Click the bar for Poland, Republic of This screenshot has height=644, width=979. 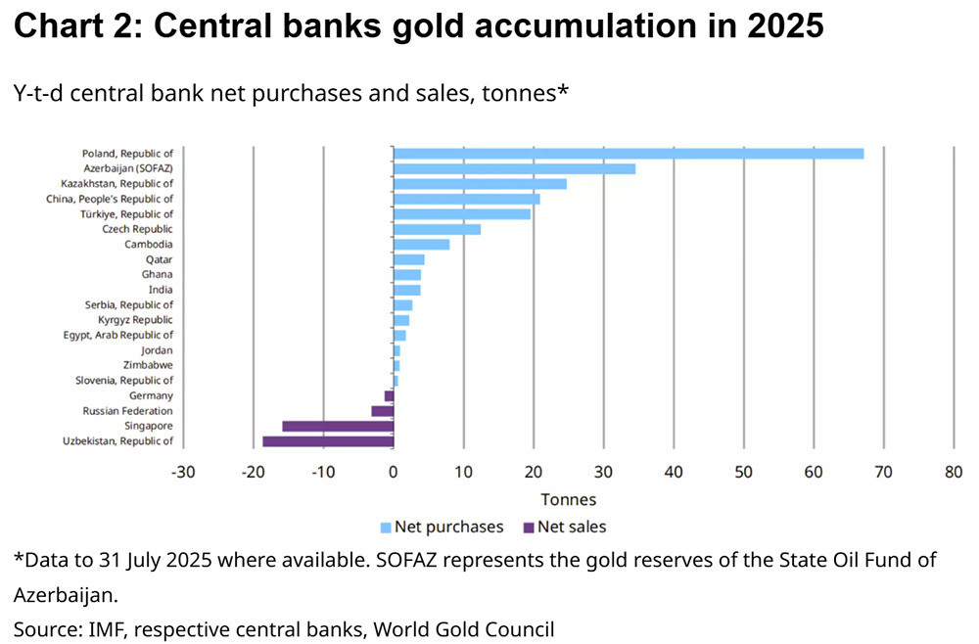(x=628, y=154)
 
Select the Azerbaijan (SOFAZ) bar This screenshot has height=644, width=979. (x=514, y=168)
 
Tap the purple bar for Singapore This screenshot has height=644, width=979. (x=338, y=426)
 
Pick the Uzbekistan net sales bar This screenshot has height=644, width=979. (x=328, y=441)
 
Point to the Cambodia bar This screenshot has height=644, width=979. (x=421, y=244)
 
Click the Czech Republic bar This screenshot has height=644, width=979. (x=437, y=229)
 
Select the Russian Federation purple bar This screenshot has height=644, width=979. (x=382, y=411)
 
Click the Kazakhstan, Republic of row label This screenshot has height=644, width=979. (x=117, y=183)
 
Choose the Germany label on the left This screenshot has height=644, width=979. (x=151, y=395)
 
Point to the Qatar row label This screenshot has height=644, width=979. (x=159, y=259)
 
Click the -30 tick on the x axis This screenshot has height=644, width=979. (x=183, y=472)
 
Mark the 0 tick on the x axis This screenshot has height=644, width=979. (x=394, y=472)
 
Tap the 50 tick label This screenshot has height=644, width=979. (x=743, y=472)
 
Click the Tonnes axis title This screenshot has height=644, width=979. (x=568, y=500)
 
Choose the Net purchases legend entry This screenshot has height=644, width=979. (x=442, y=528)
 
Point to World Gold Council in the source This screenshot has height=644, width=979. (x=467, y=629)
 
